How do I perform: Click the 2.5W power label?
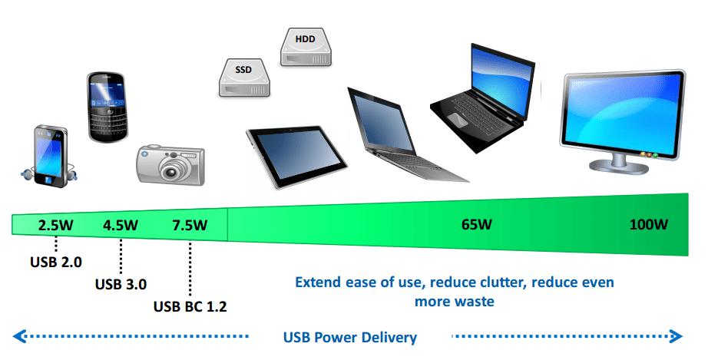point(55,225)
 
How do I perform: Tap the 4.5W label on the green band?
point(121,225)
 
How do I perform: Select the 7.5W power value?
point(190,225)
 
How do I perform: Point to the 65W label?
point(477,224)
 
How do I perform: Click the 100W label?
point(649,224)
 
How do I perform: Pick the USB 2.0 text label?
point(56,262)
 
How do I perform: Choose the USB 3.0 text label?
point(121,284)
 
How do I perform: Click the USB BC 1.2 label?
point(190,307)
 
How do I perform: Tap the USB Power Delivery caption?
point(350,338)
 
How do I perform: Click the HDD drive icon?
point(306,47)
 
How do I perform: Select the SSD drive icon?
point(244,78)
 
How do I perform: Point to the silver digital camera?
point(170,165)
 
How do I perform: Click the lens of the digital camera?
point(171,171)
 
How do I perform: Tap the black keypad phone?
point(107,107)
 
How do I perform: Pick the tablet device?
point(296,157)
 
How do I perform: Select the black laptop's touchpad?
point(458,120)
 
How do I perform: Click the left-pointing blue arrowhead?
point(19,336)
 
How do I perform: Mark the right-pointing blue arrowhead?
point(676,336)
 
